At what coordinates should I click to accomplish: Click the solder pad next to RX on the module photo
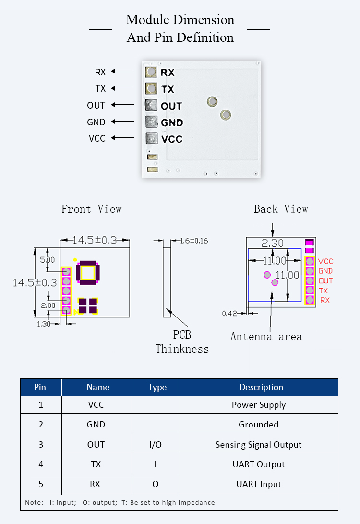point(151,72)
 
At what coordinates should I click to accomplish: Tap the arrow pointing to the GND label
point(122,122)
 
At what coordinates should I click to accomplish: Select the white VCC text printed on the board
point(172,139)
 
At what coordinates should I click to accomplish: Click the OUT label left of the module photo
point(96,105)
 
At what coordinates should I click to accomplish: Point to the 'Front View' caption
point(91,209)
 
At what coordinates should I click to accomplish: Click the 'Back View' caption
point(281,209)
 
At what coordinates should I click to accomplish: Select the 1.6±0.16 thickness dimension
point(194,241)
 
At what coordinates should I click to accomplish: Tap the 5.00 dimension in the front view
point(47,260)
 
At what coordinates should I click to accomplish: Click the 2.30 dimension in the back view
point(272,244)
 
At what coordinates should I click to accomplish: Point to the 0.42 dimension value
point(229,313)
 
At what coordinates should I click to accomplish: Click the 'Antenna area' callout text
point(266,336)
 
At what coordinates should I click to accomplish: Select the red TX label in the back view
point(324,291)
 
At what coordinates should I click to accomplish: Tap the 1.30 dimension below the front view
point(44,324)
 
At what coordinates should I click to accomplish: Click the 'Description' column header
point(261,387)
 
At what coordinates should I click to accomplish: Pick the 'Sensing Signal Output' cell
point(258,444)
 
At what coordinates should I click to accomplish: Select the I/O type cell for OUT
point(155,444)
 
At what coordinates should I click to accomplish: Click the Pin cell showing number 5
point(41,484)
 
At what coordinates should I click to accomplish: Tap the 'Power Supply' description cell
point(258,405)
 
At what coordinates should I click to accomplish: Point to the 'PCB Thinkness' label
point(182,342)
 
